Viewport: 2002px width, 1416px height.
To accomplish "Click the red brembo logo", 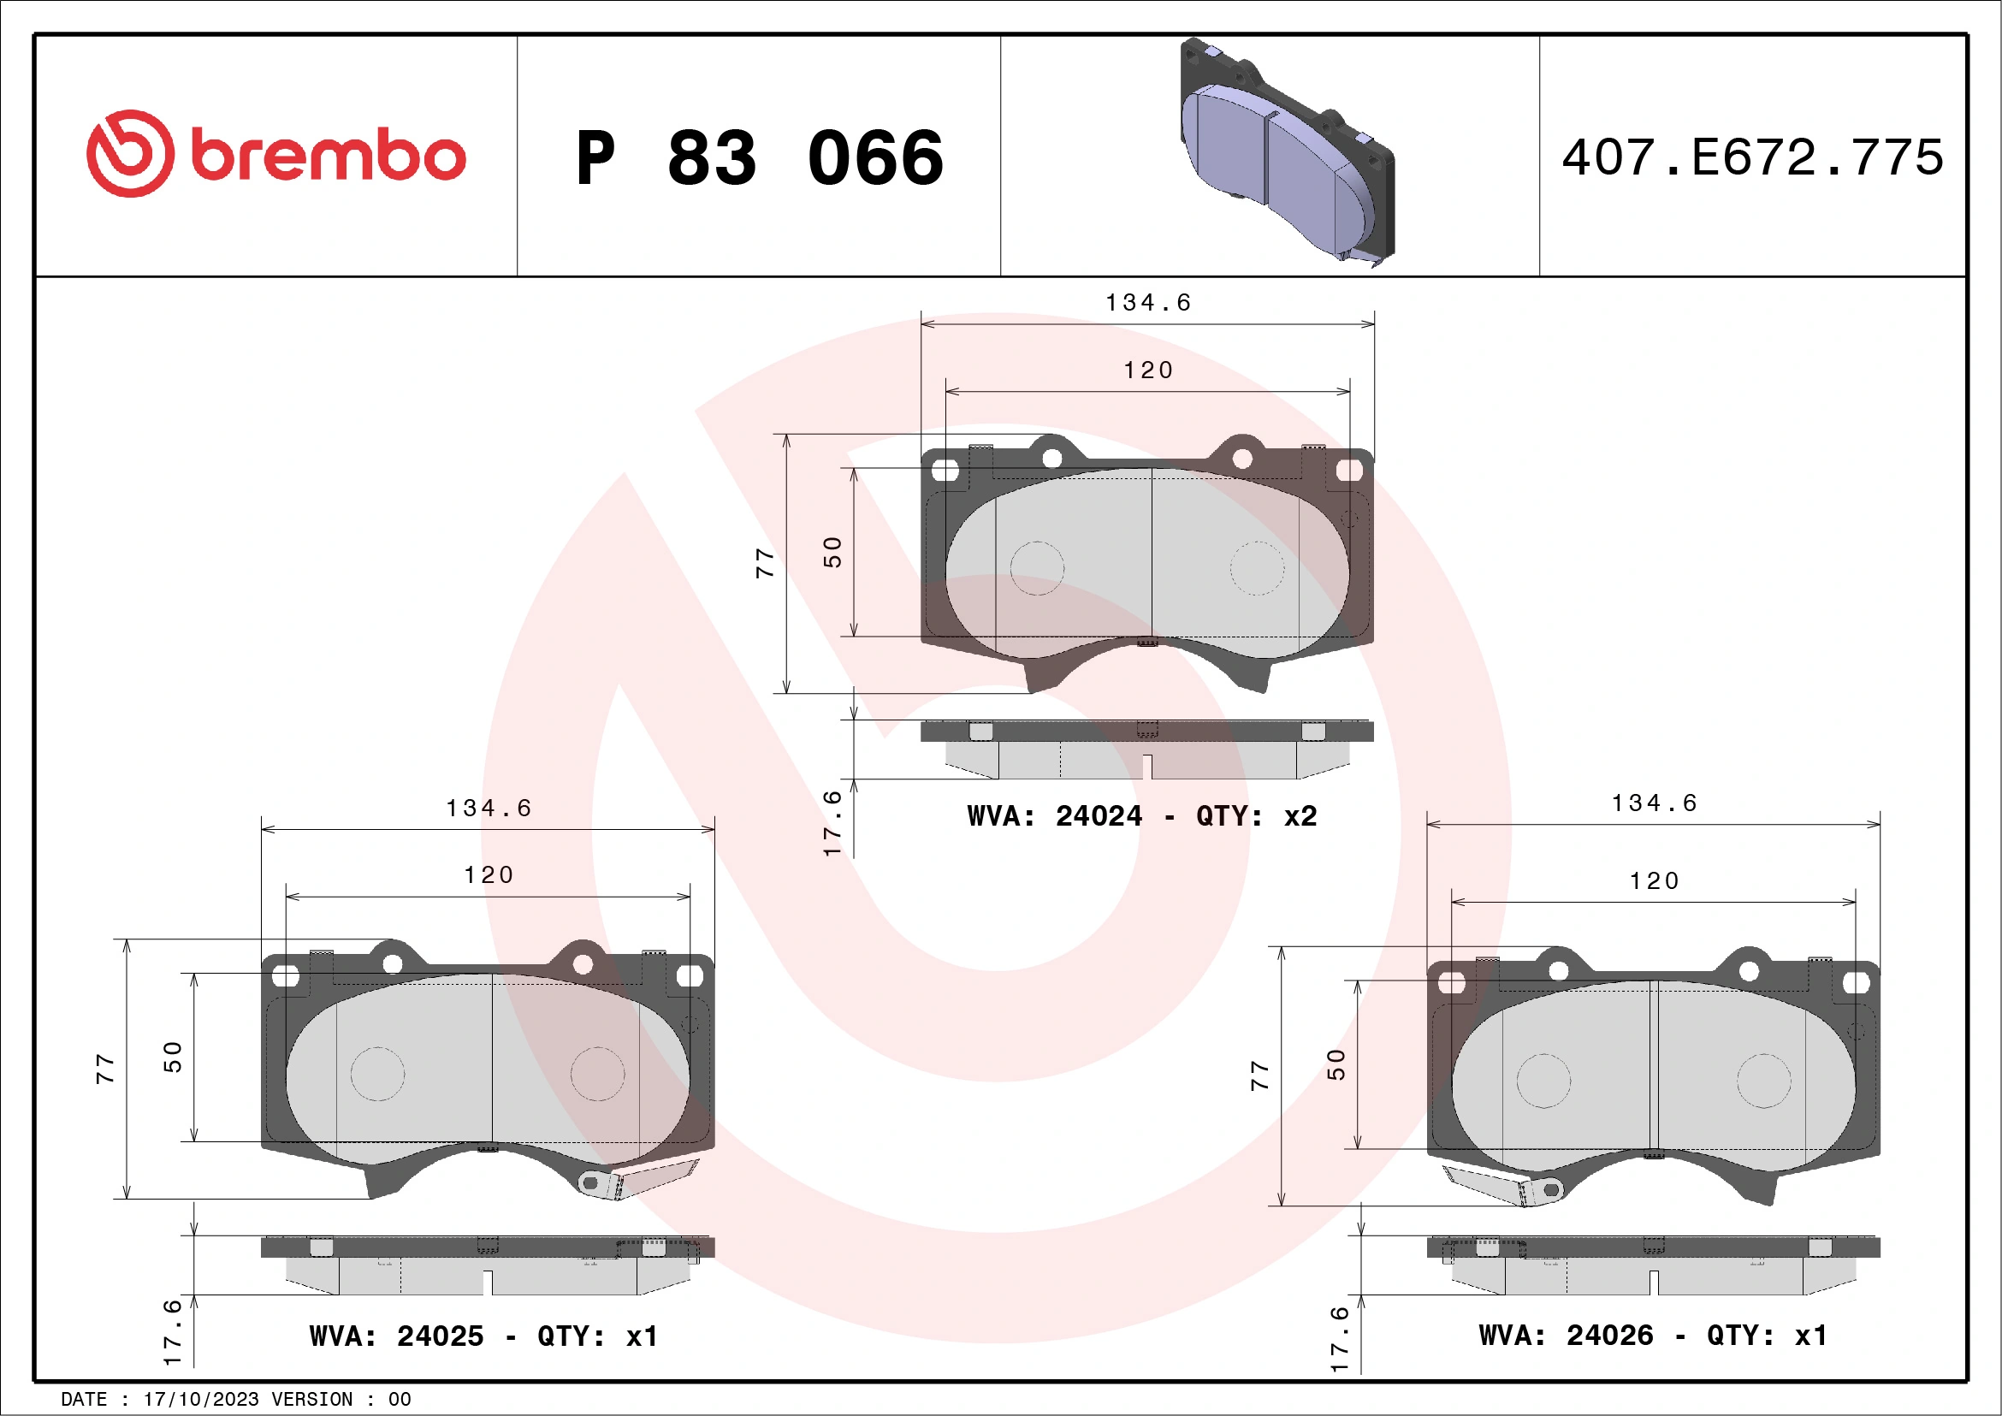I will (275, 154).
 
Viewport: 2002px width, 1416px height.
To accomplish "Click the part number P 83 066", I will (760, 157).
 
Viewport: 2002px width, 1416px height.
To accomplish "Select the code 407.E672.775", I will (1753, 157).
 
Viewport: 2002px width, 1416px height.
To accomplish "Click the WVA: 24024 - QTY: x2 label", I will (1141, 816).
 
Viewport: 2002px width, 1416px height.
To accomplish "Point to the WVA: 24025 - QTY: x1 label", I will (483, 1336).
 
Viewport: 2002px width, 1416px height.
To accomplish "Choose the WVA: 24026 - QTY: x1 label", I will (1652, 1335).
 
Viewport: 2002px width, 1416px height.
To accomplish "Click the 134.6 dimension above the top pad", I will (1147, 303).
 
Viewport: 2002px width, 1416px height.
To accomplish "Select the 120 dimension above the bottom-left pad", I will (489, 874).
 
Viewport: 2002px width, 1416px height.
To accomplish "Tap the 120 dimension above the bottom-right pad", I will (1654, 880).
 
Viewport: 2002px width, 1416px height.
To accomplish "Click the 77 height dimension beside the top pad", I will (765, 563).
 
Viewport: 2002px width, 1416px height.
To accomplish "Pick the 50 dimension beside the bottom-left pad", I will (173, 1057).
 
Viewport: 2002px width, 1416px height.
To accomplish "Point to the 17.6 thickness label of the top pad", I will (832, 823).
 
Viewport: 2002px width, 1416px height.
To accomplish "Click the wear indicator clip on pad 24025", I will (641, 1180).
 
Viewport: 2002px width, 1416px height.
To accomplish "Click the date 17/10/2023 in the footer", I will (200, 1400).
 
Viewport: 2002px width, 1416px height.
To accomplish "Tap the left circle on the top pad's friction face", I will (1037, 568).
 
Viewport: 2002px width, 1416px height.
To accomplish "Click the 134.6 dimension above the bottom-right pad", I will (1654, 803).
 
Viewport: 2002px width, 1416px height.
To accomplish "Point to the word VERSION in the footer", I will (311, 1400).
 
